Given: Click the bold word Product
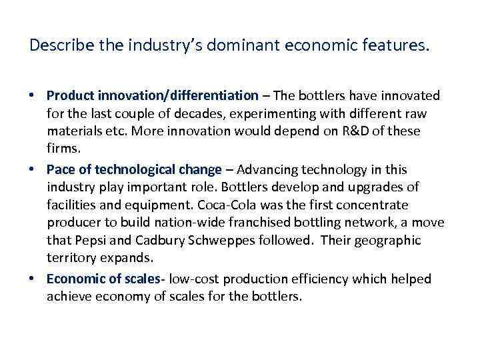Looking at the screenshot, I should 70,95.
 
